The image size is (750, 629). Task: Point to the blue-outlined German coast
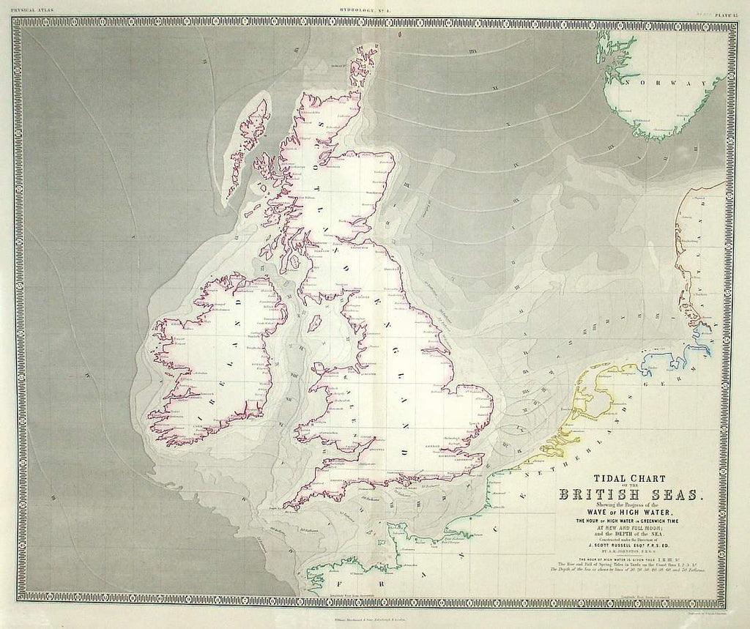click(x=696, y=344)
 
